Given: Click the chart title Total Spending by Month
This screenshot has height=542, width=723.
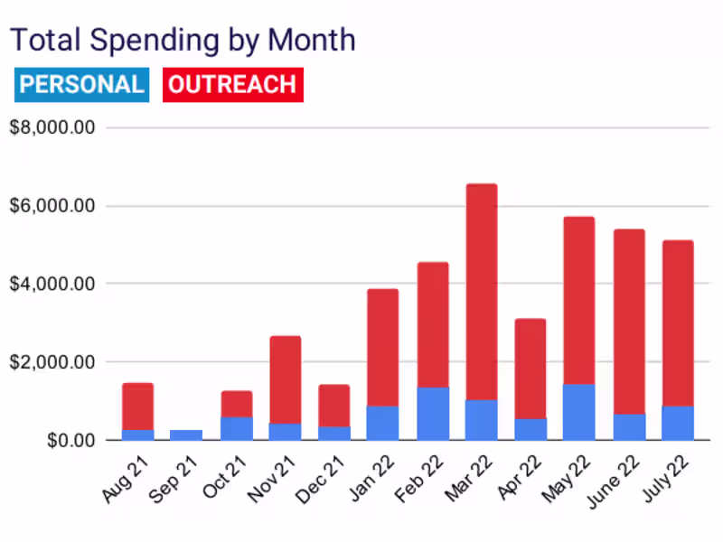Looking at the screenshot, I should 182,41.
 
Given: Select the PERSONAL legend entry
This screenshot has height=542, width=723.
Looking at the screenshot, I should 81,85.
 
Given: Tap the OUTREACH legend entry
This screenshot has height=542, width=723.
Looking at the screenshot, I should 232,85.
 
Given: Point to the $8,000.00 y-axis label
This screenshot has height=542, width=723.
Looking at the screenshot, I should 52,127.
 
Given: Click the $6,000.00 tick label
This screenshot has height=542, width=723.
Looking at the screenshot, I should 52,206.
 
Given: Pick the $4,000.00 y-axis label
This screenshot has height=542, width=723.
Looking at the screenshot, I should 52,284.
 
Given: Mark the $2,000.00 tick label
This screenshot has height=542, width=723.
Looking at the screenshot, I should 52,362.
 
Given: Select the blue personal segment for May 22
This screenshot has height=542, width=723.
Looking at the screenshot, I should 579,412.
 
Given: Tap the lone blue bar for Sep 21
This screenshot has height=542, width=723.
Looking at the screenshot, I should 186,435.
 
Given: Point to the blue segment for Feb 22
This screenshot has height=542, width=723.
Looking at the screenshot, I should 433,414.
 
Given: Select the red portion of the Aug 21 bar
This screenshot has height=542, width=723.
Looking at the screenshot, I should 137,406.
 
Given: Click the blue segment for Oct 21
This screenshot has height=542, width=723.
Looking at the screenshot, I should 236,428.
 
